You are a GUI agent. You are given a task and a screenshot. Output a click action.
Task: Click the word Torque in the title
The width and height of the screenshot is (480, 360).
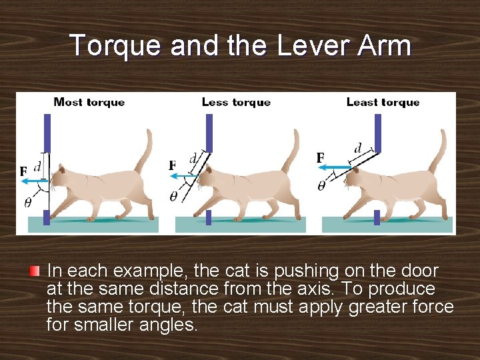click(115, 45)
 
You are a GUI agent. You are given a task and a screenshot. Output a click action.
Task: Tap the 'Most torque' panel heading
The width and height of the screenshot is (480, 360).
click(89, 102)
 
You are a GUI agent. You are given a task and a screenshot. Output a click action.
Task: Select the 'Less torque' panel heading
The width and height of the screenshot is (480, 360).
click(236, 102)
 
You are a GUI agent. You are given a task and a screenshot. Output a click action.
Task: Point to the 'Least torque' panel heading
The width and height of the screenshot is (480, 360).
click(383, 102)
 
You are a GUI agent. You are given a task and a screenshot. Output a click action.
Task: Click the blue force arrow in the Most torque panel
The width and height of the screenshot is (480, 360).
click(35, 181)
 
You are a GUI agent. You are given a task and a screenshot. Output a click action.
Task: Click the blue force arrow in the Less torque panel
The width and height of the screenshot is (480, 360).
click(184, 176)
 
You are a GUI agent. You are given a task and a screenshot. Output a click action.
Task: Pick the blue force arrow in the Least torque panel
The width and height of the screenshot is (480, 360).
click(335, 167)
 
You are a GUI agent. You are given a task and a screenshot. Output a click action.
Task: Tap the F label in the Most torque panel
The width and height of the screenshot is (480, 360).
click(23, 171)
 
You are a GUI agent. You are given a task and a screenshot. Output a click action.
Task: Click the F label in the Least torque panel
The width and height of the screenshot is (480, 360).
click(320, 158)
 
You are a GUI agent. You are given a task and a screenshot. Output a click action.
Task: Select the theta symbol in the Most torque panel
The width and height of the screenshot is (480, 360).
click(27, 202)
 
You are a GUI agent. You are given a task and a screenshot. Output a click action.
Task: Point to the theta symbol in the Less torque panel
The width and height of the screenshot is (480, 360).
click(173, 197)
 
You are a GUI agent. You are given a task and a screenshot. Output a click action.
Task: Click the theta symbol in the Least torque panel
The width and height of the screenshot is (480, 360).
click(321, 186)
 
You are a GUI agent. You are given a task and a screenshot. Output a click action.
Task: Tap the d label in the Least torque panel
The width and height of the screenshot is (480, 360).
click(357, 149)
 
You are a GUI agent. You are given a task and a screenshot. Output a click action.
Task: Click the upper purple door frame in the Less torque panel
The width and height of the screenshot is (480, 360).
click(209, 133)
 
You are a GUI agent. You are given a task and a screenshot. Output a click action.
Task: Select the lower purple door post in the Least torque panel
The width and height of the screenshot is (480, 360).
click(377, 217)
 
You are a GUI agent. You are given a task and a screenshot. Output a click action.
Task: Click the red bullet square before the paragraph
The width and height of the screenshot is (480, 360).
click(35, 271)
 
